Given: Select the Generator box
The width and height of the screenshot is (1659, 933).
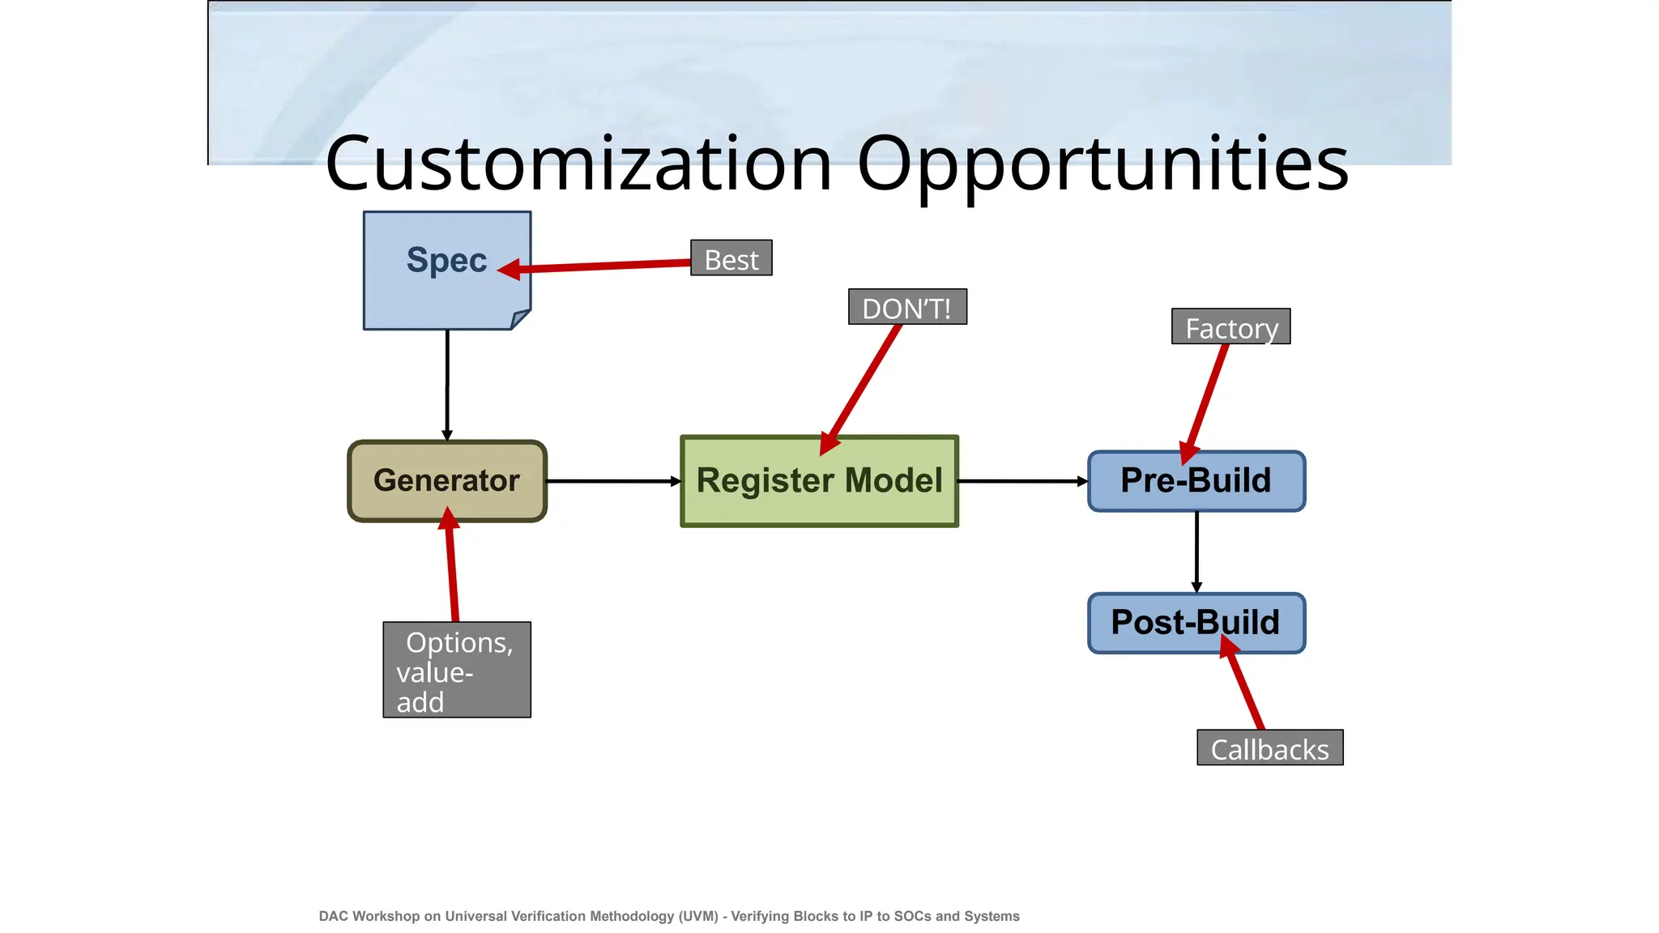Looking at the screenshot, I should pos(446,481).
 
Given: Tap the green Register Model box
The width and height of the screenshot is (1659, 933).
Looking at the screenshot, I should pos(819,481).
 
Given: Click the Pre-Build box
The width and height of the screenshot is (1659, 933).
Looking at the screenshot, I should pos(1196,481).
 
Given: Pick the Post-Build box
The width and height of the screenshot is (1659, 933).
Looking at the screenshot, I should pos(1196,623).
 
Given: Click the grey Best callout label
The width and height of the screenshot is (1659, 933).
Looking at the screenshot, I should pos(731,258).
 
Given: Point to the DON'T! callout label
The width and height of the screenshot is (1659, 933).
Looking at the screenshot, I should pos(906,307).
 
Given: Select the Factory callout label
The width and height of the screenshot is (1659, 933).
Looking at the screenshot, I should pos(1230,326).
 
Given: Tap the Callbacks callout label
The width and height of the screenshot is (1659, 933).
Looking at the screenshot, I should pos(1269,748).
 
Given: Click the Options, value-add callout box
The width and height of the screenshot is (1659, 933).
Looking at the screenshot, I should pos(457,670).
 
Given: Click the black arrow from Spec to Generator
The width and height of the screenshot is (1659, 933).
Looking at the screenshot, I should pos(447,385).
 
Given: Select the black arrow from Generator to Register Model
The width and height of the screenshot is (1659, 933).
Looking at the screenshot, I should pos(612,481).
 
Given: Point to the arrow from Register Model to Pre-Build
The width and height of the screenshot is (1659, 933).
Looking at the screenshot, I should pos(1022,481).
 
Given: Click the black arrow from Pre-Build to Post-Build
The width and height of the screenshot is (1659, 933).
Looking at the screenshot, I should pos(1196,551).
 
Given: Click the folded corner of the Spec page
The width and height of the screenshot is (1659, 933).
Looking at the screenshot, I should pos(520,319).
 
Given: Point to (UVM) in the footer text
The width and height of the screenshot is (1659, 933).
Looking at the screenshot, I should pos(698,916).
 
